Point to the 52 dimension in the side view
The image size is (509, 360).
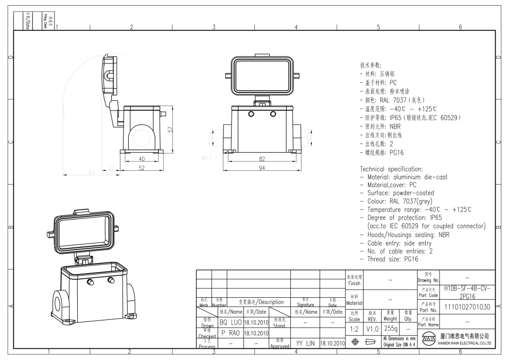pyautogui.click(x=141, y=168)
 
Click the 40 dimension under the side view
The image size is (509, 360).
pyautogui.click(x=141, y=159)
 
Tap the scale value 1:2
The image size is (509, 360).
pyautogui.click(x=354, y=328)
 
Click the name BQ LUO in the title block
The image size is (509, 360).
pyautogui.click(x=231, y=322)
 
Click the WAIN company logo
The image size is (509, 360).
pyautogui.click(x=427, y=339)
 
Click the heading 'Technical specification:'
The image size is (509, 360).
pyautogui.click(x=391, y=169)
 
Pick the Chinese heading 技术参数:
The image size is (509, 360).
pyautogui.click(x=371, y=65)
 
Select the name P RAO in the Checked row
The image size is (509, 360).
pyautogui.click(x=231, y=333)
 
